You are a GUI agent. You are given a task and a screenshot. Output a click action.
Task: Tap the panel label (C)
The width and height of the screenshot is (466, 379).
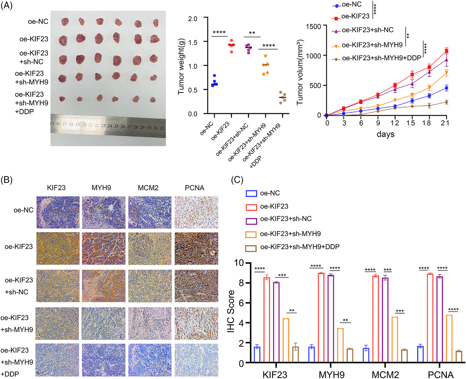click(x=237, y=180)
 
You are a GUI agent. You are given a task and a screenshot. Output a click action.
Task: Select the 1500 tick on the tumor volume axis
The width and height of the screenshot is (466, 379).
click(x=313, y=26)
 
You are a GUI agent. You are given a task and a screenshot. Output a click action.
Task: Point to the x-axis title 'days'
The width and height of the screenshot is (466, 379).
click(x=385, y=134)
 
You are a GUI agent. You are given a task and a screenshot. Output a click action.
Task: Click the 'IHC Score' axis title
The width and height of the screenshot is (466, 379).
click(x=231, y=311)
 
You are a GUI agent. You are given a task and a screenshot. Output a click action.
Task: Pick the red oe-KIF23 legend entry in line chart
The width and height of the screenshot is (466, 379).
click(x=355, y=16)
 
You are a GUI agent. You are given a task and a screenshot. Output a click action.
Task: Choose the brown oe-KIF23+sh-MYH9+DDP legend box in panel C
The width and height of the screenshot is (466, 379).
click(x=251, y=248)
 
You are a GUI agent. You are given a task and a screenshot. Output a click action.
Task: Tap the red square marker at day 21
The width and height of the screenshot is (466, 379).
click(x=446, y=51)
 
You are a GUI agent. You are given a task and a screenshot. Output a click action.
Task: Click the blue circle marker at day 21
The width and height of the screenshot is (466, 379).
click(x=446, y=88)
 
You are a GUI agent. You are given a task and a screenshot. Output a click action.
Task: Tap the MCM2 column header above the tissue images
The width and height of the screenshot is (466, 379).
click(x=148, y=188)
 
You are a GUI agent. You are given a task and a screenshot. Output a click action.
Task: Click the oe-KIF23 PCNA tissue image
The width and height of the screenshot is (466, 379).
click(x=196, y=248)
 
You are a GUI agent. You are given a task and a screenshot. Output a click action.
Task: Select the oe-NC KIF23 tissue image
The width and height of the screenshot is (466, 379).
click(x=58, y=212)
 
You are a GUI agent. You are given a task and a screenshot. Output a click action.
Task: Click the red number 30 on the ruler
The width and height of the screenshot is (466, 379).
click(x=149, y=128)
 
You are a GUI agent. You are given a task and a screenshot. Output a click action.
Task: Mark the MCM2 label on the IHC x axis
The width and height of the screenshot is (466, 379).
click(x=385, y=375)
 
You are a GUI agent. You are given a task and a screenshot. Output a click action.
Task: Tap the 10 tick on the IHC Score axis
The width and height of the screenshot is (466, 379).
click(x=239, y=263)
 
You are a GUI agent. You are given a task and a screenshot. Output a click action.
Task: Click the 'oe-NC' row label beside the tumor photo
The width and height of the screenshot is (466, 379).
click(x=38, y=22)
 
